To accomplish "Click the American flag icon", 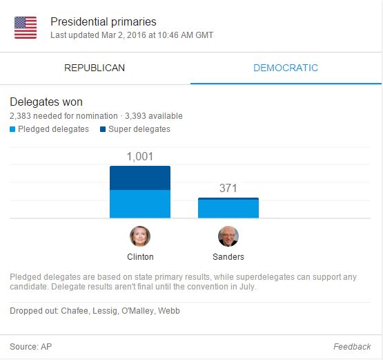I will [x=26, y=27].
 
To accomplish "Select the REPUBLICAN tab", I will [x=95, y=68].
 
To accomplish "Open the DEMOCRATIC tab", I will [x=286, y=68].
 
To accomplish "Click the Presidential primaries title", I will [x=104, y=21].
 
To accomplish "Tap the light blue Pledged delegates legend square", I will [x=12, y=129].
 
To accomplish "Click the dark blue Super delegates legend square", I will [x=103, y=129].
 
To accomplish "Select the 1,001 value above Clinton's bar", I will [x=139, y=157].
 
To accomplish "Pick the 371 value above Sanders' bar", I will [x=228, y=188].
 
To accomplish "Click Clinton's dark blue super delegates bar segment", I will [x=139, y=178].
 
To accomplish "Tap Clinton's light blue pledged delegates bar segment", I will [x=139, y=205].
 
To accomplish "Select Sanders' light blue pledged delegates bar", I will [x=228, y=209].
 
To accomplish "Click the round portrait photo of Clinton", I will [x=140, y=236].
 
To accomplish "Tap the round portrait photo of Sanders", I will [x=228, y=236].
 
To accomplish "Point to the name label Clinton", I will [x=140, y=257].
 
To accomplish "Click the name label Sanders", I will [x=228, y=257].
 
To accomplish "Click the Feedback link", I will [x=352, y=346].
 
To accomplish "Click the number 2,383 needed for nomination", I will [x=23, y=116].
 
